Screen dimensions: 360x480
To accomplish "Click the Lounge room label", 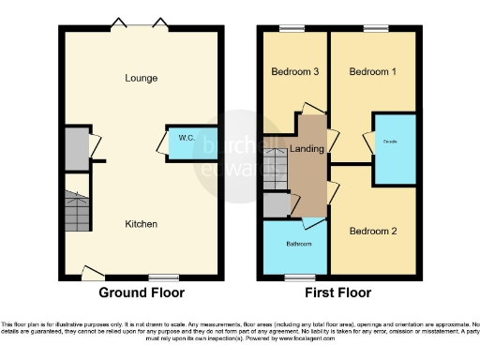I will coord(141,78).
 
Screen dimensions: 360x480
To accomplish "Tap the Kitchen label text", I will coord(142,224).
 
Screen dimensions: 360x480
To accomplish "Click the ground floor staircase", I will coord(75,214).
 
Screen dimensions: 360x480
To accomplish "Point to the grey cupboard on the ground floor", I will coord(74,146).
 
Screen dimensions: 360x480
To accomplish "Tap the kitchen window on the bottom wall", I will coord(164,277).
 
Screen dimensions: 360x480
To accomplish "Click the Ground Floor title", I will coord(142,292).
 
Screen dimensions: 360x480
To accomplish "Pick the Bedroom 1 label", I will coord(373,71).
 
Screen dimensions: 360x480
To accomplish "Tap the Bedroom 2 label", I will coord(373,231).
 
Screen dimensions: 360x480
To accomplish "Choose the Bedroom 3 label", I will coord(294,71).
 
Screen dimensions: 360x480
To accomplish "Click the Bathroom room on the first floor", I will coord(293,246).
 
